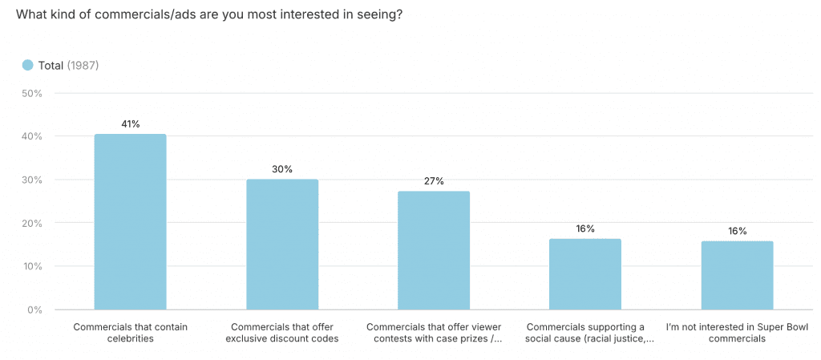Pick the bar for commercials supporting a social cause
pyautogui.click(x=585, y=274)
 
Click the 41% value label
pyautogui.click(x=130, y=124)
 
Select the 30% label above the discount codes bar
pyautogui.click(x=282, y=169)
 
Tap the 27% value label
pyautogui.click(x=434, y=181)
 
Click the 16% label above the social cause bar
pyautogui.click(x=585, y=229)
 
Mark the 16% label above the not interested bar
pyautogui.click(x=737, y=231)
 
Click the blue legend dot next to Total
pyautogui.click(x=27, y=65)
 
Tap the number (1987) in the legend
pyautogui.click(x=83, y=65)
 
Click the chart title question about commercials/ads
pyautogui.click(x=208, y=15)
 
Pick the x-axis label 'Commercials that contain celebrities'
pyautogui.click(x=130, y=333)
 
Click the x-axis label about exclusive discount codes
pyautogui.click(x=282, y=333)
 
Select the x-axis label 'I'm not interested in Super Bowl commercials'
pyautogui.click(x=737, y=333)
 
